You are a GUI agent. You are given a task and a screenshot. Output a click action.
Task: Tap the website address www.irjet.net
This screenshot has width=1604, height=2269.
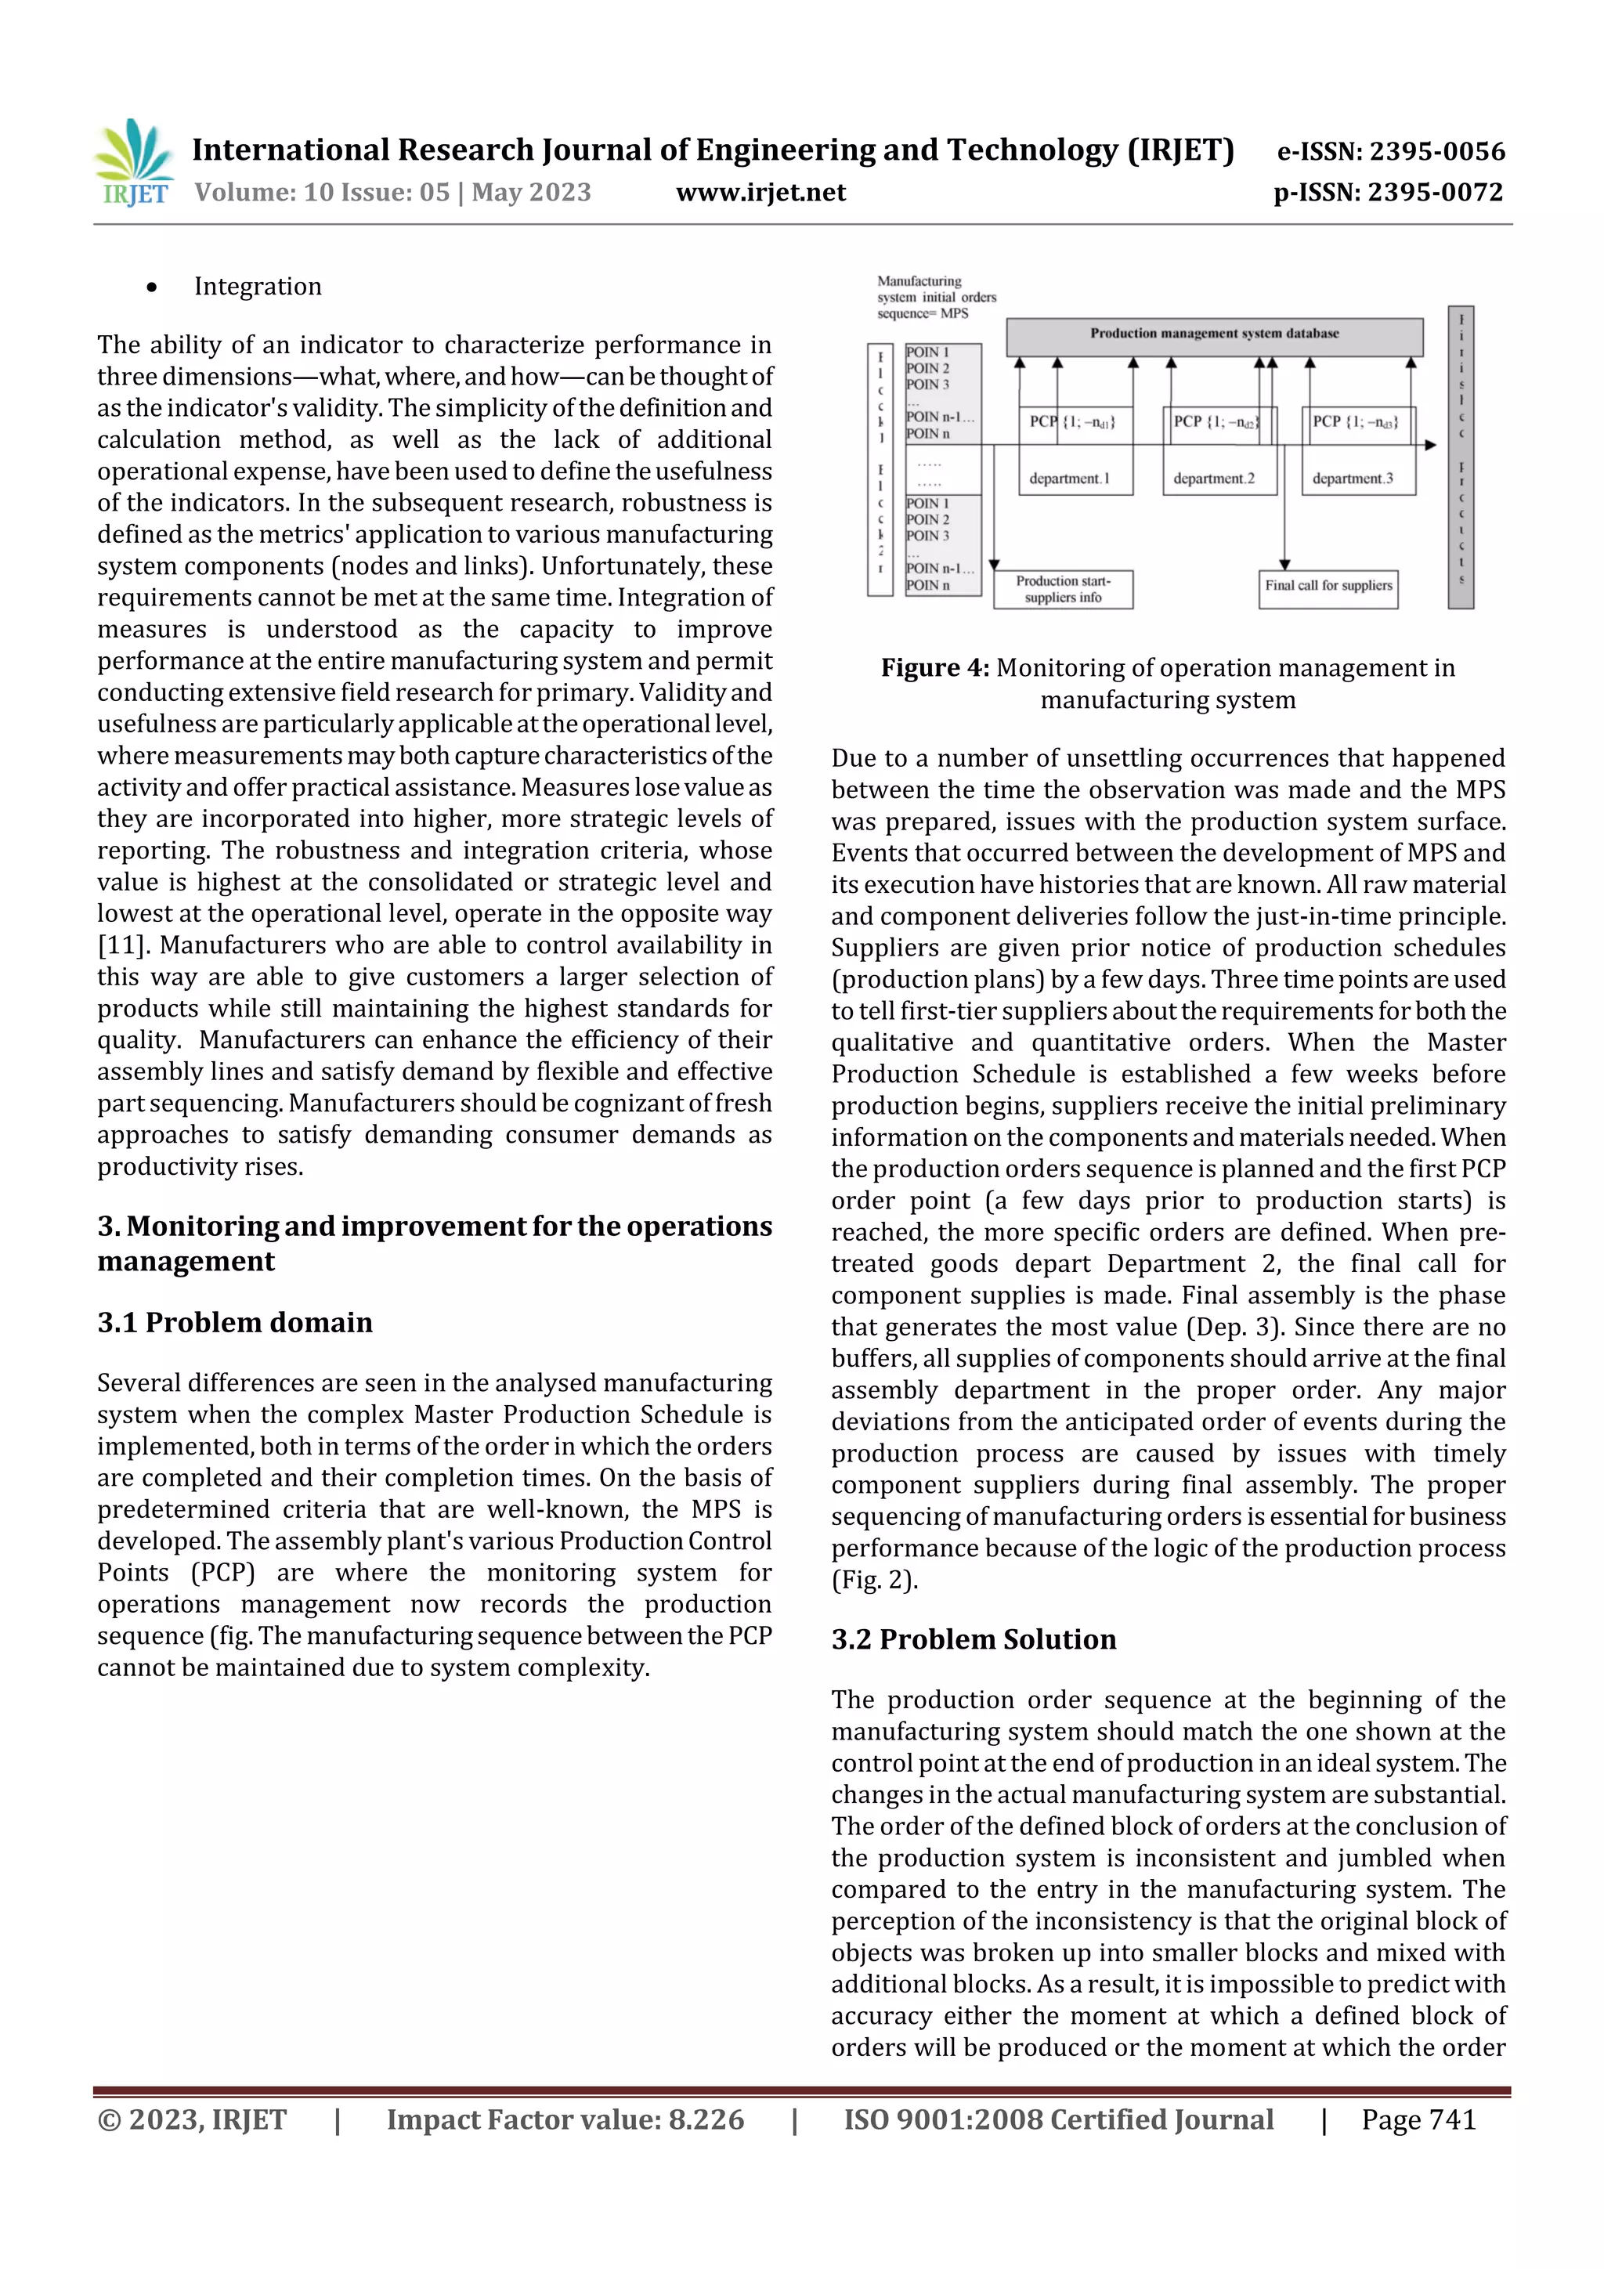[x=760, y=193]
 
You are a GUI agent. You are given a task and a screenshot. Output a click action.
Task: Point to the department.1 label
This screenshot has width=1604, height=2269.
[x=1068, y=479]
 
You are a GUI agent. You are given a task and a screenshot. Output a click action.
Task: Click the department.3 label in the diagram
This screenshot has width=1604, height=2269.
[x=1352, y=479]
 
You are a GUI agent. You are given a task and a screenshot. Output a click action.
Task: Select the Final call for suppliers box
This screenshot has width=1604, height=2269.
[x=1328, y=587]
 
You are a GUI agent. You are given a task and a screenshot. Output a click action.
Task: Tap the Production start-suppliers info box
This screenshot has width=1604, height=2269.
[x=1063, y=589]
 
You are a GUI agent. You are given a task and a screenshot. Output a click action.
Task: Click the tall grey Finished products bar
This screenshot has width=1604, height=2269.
[x=1460, y=457]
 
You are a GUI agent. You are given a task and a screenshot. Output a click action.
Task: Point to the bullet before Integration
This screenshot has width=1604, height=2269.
[x=151, y=287]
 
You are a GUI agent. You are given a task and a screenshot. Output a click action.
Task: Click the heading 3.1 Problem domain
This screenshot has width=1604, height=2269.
[x=235, y=1322]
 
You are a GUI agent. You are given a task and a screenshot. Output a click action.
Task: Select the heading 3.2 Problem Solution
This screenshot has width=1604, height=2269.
[x=973, y=1639]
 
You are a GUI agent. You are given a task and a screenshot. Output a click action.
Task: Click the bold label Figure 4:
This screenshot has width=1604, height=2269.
[x=934, y=668]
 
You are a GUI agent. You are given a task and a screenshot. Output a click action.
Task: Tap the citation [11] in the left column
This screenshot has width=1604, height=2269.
[x=121, y=946]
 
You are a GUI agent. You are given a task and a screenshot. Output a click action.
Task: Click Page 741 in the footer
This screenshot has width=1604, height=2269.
[x=1418, y=2119]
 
